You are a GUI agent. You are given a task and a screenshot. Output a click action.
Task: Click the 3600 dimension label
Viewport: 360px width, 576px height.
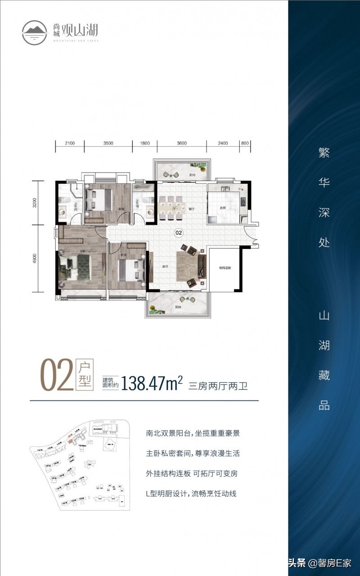point(181,144)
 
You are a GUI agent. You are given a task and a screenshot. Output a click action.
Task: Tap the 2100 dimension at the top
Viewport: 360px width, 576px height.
point(69,144)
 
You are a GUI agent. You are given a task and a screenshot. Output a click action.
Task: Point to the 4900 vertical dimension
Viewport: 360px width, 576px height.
point(35,259)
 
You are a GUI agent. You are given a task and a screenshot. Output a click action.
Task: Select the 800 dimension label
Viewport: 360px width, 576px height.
point(245,144)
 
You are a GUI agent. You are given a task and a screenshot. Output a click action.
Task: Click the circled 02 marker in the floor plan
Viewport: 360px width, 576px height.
point(179,233)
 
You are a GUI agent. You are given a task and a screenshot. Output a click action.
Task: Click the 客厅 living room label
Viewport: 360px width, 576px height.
point(165,266)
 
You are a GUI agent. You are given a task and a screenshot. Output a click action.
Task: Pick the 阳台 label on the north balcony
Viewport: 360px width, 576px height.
point(192,175)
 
